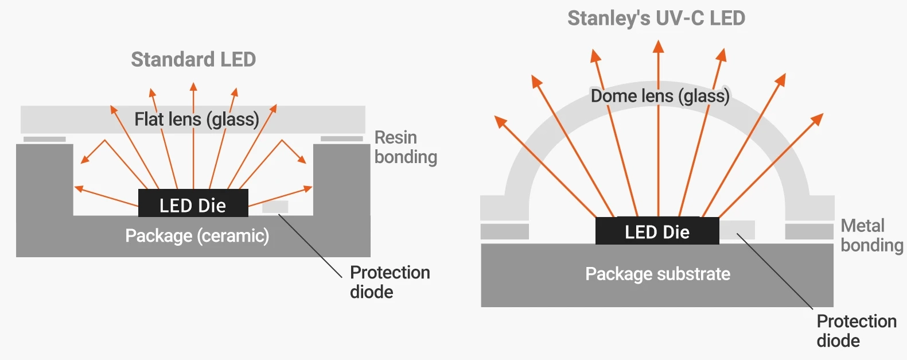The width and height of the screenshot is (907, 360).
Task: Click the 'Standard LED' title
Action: click(193, 59)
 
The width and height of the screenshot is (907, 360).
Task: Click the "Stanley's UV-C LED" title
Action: click(656, 18)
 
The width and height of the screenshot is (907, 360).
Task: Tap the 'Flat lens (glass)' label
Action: click(197, 119)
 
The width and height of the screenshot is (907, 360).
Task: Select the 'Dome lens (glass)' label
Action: click(660, 96)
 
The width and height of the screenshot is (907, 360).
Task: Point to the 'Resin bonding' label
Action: click(406, 147)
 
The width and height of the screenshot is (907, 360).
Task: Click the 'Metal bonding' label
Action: click(871, 235)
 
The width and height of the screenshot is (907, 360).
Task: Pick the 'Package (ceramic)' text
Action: click(197, 236)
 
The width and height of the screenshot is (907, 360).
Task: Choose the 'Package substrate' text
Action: click(657, 274)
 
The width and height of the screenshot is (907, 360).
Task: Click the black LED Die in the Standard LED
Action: click(193, 204)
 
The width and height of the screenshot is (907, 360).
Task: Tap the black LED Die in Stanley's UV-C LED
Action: click(657, 231)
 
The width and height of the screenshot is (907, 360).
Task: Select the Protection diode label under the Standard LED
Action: click(390, 282)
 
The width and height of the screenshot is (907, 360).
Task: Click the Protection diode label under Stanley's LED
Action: click(857, 331)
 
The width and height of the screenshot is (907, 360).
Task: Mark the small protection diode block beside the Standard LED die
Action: click(275, 207)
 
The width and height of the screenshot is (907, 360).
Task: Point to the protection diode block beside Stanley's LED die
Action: click(737, 230)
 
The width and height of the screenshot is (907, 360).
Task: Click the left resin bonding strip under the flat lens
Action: click(45, 139)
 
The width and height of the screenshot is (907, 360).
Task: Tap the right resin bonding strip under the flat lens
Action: click(341, 139)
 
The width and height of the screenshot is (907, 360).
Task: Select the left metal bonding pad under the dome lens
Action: click(504, 231)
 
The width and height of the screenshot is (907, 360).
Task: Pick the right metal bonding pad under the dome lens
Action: click(809, 231)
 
